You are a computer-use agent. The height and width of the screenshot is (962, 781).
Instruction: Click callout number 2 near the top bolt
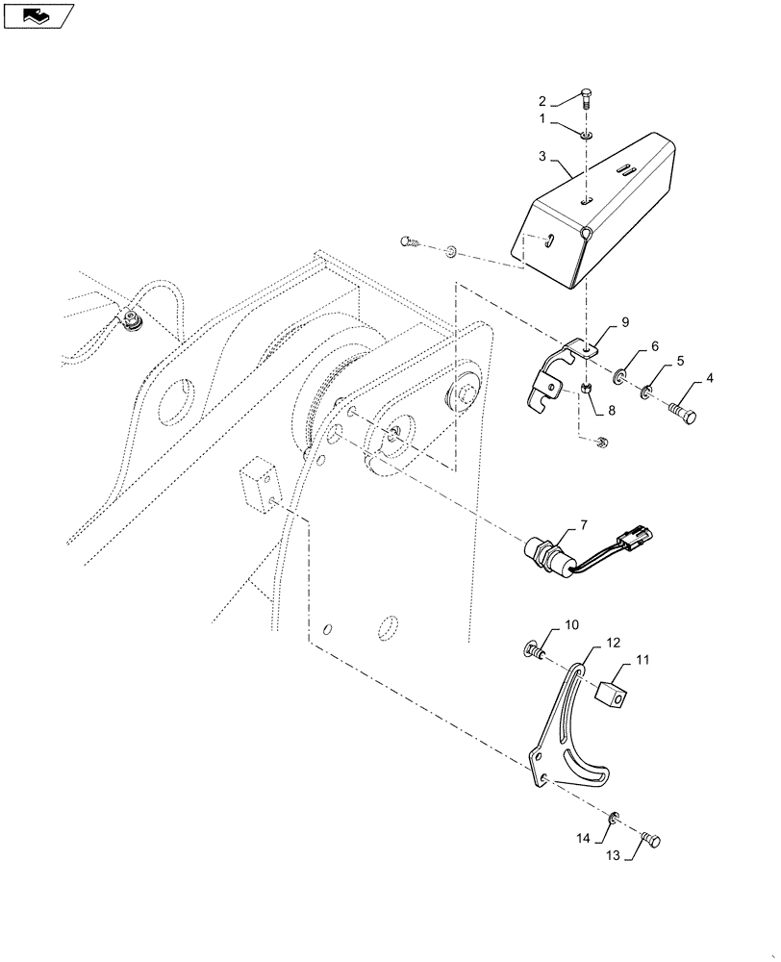542,101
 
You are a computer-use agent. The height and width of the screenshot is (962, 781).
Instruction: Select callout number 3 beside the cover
542,156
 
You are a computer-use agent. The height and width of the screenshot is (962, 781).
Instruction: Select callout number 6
655,346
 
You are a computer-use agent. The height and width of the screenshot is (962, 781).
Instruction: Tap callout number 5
681,362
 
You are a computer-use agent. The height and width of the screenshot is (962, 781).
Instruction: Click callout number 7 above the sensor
582,525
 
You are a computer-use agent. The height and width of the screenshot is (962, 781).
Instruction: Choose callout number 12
612,642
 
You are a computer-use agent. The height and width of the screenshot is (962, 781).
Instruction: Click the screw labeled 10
531,653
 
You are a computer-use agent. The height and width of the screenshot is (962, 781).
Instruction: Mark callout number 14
583,839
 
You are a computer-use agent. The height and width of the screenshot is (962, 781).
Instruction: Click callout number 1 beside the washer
542,119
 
